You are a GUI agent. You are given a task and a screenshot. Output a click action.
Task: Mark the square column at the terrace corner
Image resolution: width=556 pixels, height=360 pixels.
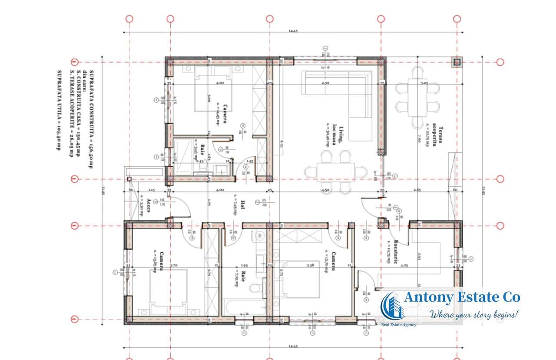[457, 63]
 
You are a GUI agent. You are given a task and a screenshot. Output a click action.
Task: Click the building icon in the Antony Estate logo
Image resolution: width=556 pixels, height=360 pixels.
[392, 306]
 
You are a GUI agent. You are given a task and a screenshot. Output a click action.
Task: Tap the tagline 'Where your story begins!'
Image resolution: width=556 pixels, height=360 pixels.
[474, 314]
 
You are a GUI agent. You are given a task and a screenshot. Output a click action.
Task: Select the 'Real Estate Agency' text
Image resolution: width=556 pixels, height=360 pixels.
[398, 325]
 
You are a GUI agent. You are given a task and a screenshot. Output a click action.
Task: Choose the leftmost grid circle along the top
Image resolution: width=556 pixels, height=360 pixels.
[129, 19]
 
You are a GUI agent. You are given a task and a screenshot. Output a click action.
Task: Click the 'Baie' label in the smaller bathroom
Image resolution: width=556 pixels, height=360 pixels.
[203, 151]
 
